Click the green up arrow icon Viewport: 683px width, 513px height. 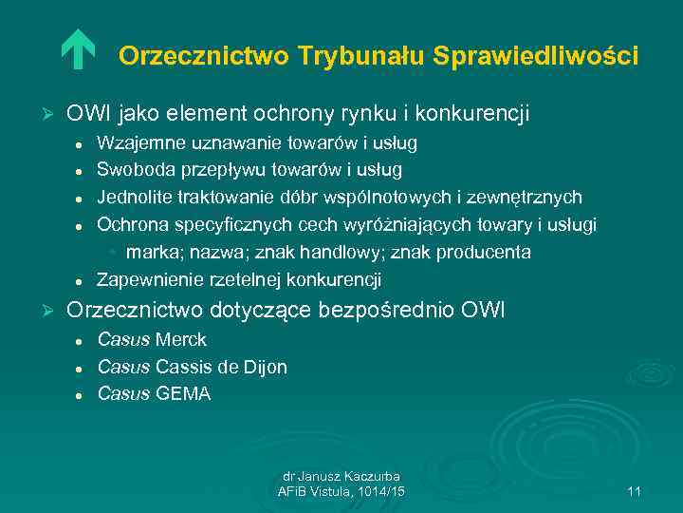[x=78, y=51]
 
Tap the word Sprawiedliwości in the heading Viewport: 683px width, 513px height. [x=536, y=57]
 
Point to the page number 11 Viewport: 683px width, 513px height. [x=635, y=491]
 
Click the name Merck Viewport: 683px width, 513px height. [x=181, y=340]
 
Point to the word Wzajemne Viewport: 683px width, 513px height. [x=135, y=143]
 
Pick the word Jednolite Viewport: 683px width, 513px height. [x=132, y=198]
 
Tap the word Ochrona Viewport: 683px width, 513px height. [x=130, y=224]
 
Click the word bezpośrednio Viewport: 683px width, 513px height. [x=399, y=311]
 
